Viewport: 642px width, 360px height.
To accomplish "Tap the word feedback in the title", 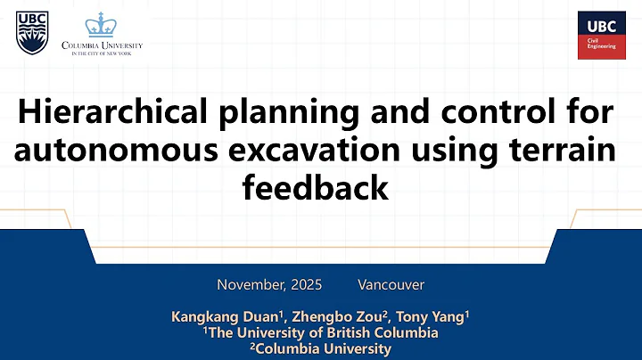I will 316,188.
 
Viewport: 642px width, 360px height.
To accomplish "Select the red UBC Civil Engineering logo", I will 601,35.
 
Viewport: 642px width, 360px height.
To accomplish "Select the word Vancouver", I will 391,285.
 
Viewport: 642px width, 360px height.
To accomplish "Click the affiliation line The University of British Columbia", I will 321,333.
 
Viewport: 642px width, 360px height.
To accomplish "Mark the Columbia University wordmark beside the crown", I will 102,46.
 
